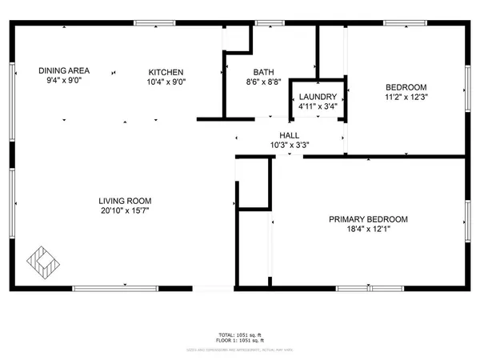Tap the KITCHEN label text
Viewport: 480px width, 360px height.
(165, 71)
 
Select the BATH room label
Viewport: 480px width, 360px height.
(254, 71)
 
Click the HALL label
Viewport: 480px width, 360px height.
(289, 135)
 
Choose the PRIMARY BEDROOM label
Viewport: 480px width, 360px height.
(369, 219)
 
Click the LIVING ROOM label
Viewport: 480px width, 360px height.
(125, 201)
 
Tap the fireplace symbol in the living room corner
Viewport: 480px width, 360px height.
(42, 260)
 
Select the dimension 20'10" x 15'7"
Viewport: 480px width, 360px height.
(125, 211)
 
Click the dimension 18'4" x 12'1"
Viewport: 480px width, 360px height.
(369, 230)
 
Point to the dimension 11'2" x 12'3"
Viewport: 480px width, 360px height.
(407, 98)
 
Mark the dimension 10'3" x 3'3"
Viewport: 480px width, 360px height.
(289, 145)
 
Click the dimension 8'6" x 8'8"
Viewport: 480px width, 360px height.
(254, 82)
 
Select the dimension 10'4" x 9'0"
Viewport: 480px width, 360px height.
(165, 82)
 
